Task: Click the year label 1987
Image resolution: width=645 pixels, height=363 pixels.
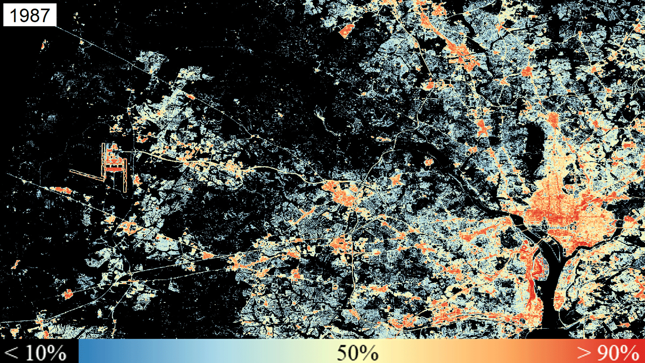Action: [30, 15]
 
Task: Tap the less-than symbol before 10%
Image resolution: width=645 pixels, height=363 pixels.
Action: [12, 353]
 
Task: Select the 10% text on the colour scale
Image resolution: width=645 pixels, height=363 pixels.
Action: [46, 353]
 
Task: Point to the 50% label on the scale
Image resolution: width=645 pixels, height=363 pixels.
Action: [357, 353]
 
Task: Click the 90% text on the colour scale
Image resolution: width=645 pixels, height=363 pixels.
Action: [618, 353]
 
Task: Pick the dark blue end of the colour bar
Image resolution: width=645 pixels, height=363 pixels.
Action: [84, 351]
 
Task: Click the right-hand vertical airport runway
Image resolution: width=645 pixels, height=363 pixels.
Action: [125, 175]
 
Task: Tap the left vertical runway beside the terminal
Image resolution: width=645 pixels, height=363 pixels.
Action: [103, 158]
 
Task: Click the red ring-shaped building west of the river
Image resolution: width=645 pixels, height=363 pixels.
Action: [524, 248]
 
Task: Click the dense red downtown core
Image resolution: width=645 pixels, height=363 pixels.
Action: [558, 215]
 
